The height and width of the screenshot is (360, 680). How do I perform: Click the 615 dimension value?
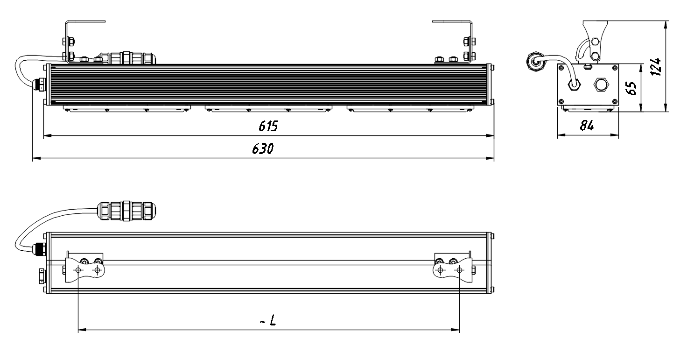(268, 126)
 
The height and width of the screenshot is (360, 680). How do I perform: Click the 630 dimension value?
(263, 148)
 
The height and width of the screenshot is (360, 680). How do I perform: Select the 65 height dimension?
(631, 88)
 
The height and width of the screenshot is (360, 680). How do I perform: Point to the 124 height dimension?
(656, 66)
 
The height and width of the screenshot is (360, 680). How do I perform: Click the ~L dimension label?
(268, 320)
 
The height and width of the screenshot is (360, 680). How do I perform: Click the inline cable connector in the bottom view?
(126, 211)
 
